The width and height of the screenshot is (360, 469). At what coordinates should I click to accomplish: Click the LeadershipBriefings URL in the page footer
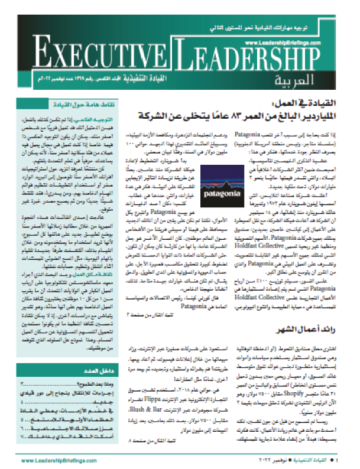tap(52, 460)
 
